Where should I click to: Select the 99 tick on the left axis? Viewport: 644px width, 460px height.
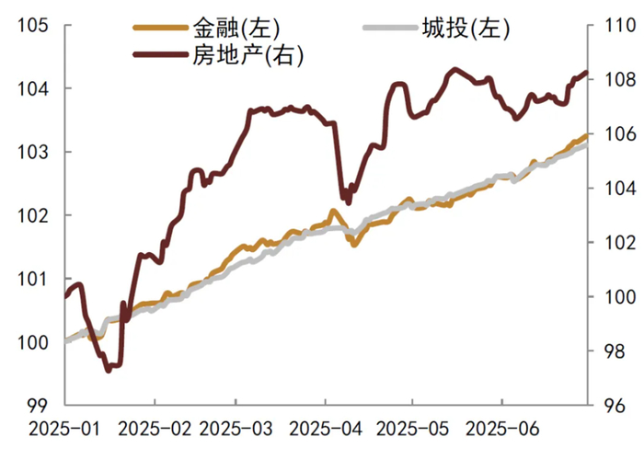pyautogui.click(x=38, y=404)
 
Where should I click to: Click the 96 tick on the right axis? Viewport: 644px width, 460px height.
pyautogui.click(x=609, y=404)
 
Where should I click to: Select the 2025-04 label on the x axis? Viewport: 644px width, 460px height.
pyautogui.click(x=325, y=429)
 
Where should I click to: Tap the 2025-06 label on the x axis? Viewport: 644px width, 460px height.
pyautogui.click(x=502, y=429)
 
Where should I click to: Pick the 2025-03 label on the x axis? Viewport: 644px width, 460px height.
pyautogui.click(x=236, y=429)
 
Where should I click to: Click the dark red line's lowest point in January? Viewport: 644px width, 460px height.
pyautogui.click(x=109, y=370)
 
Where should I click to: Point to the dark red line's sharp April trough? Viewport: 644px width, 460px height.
pyautogui.click(x=347, y=201)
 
